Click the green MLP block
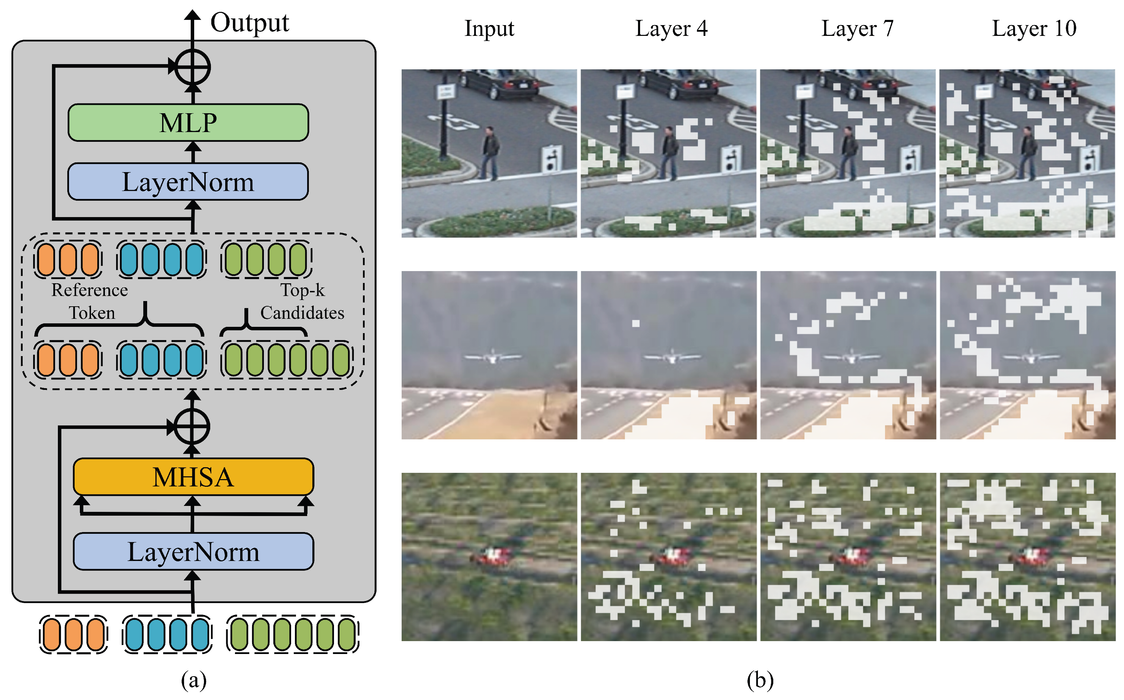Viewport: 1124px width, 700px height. coord(188,123)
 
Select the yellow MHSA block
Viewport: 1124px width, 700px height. coord(193,477)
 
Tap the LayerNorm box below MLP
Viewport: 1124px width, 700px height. coord(188,182)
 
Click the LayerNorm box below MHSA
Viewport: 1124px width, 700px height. coord(193,552)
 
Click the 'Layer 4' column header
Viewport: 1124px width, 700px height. coord(671,29)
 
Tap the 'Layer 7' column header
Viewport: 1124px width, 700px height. coord(857,29)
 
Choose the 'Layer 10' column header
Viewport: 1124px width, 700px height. coord(1034,29)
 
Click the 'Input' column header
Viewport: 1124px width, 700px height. coord(489,29)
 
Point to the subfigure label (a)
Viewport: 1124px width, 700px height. coord(193,680)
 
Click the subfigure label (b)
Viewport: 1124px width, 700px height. coord(760,680)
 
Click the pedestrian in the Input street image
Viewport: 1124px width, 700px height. coord(490,153)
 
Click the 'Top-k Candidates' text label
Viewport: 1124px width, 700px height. coord(302,301)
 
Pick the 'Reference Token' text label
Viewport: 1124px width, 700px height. coord(90,301)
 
